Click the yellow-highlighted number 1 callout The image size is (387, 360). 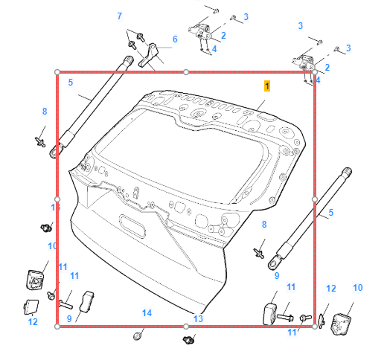click(267, 86)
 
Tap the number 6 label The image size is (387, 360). click(175, 39)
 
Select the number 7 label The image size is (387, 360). click(120, 16)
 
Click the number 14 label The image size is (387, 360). click(147, 313)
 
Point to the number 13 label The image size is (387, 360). click(198, 319)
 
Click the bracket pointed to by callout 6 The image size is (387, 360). click(149, 55)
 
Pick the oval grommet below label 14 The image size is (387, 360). click(137, 336)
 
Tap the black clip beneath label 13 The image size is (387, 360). click(188, 340)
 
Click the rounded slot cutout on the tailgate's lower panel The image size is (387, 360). click(132, 226)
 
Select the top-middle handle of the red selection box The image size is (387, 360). click(186, 72)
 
